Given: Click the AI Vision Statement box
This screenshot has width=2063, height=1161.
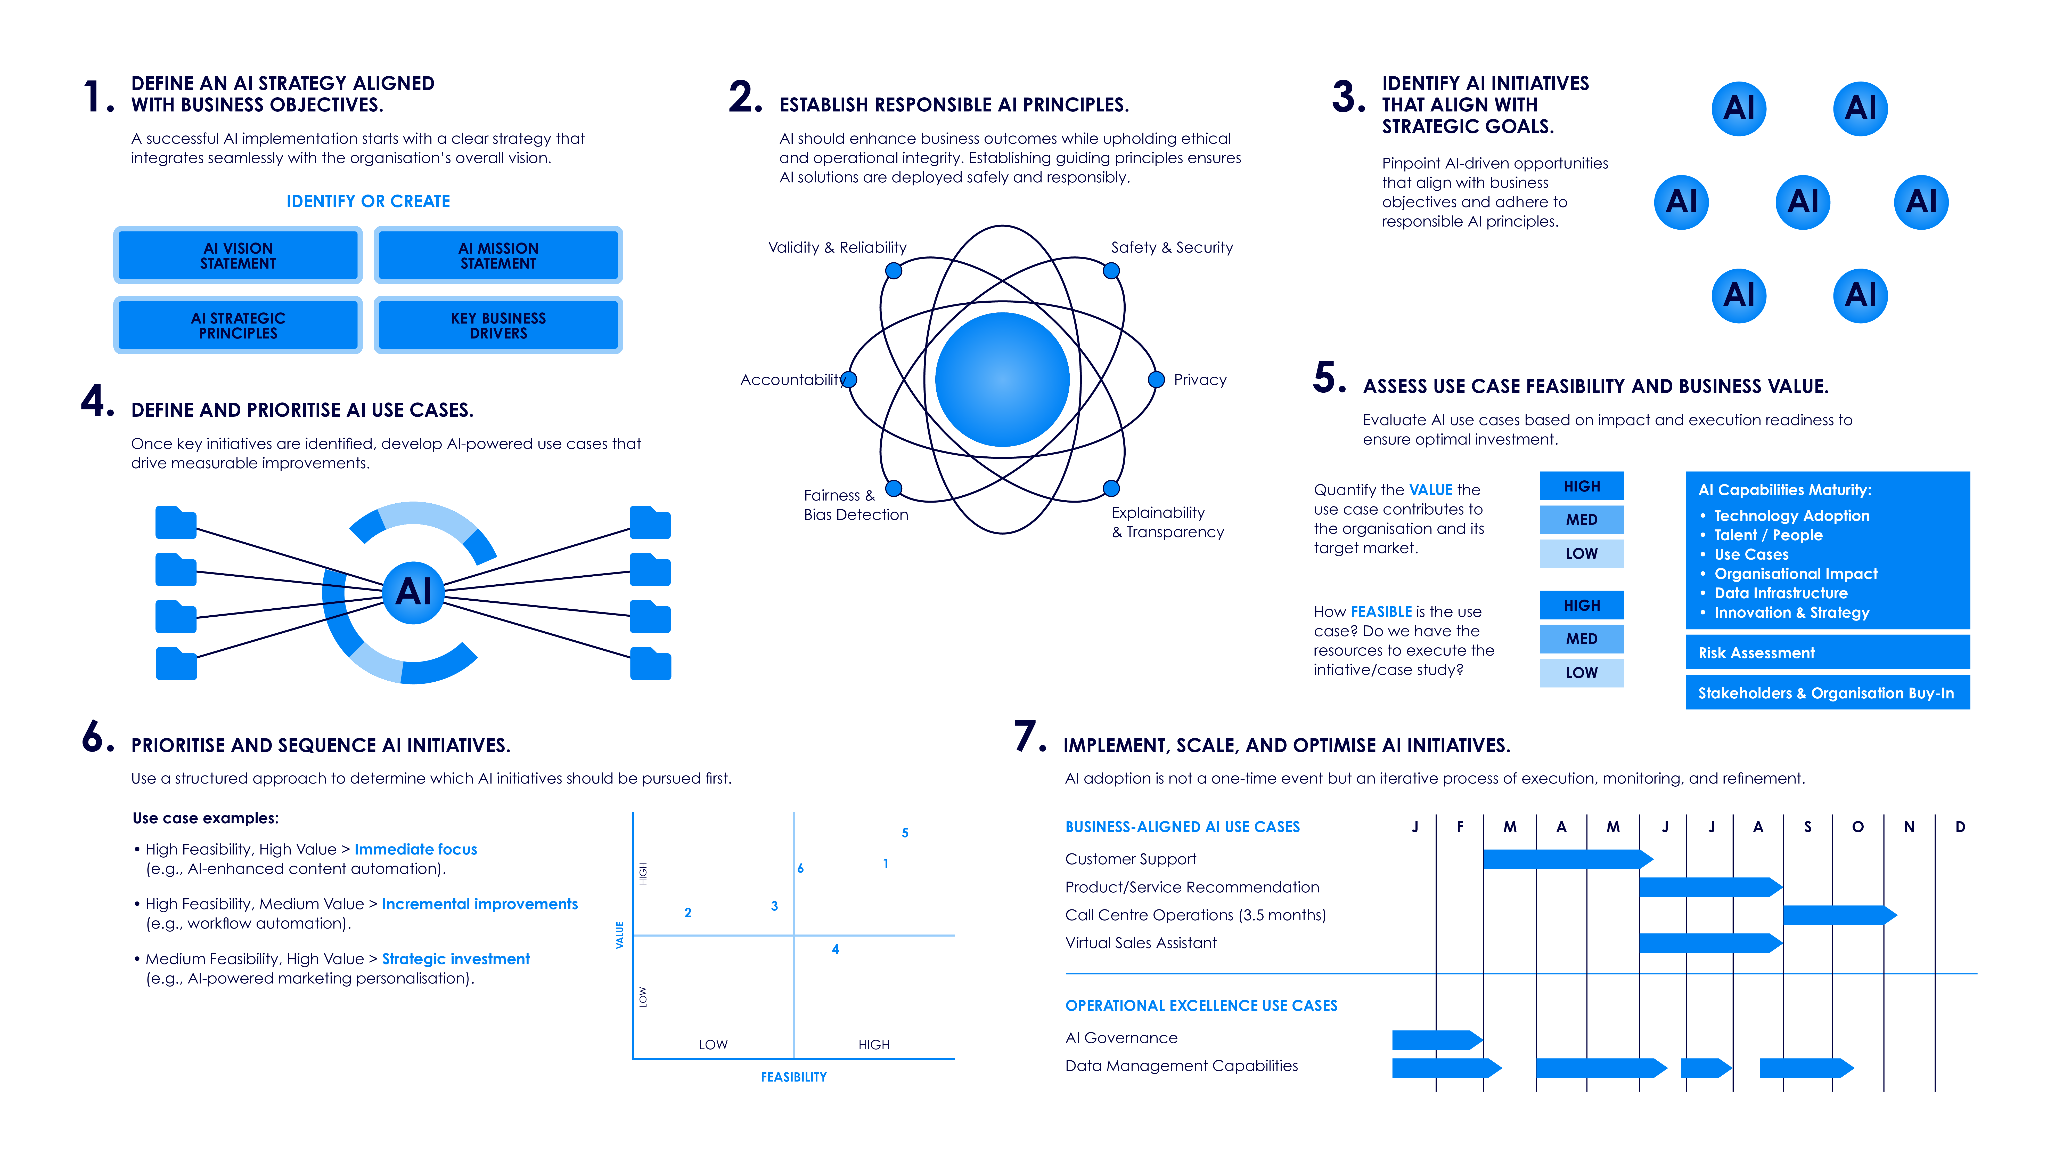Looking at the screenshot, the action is click(238, 256).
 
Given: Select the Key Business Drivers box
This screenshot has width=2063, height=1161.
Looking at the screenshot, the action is click(498, 325).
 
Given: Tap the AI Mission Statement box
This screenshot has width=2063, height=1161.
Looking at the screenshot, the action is click(498, 256).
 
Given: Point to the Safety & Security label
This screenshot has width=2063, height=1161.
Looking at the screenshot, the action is click(1172, 248).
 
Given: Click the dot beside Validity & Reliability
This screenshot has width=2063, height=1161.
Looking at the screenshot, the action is click(894, 271).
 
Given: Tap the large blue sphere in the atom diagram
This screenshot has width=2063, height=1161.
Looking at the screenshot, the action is click(1002, 380).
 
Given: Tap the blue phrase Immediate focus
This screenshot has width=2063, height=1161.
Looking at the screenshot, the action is click(416, 849).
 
